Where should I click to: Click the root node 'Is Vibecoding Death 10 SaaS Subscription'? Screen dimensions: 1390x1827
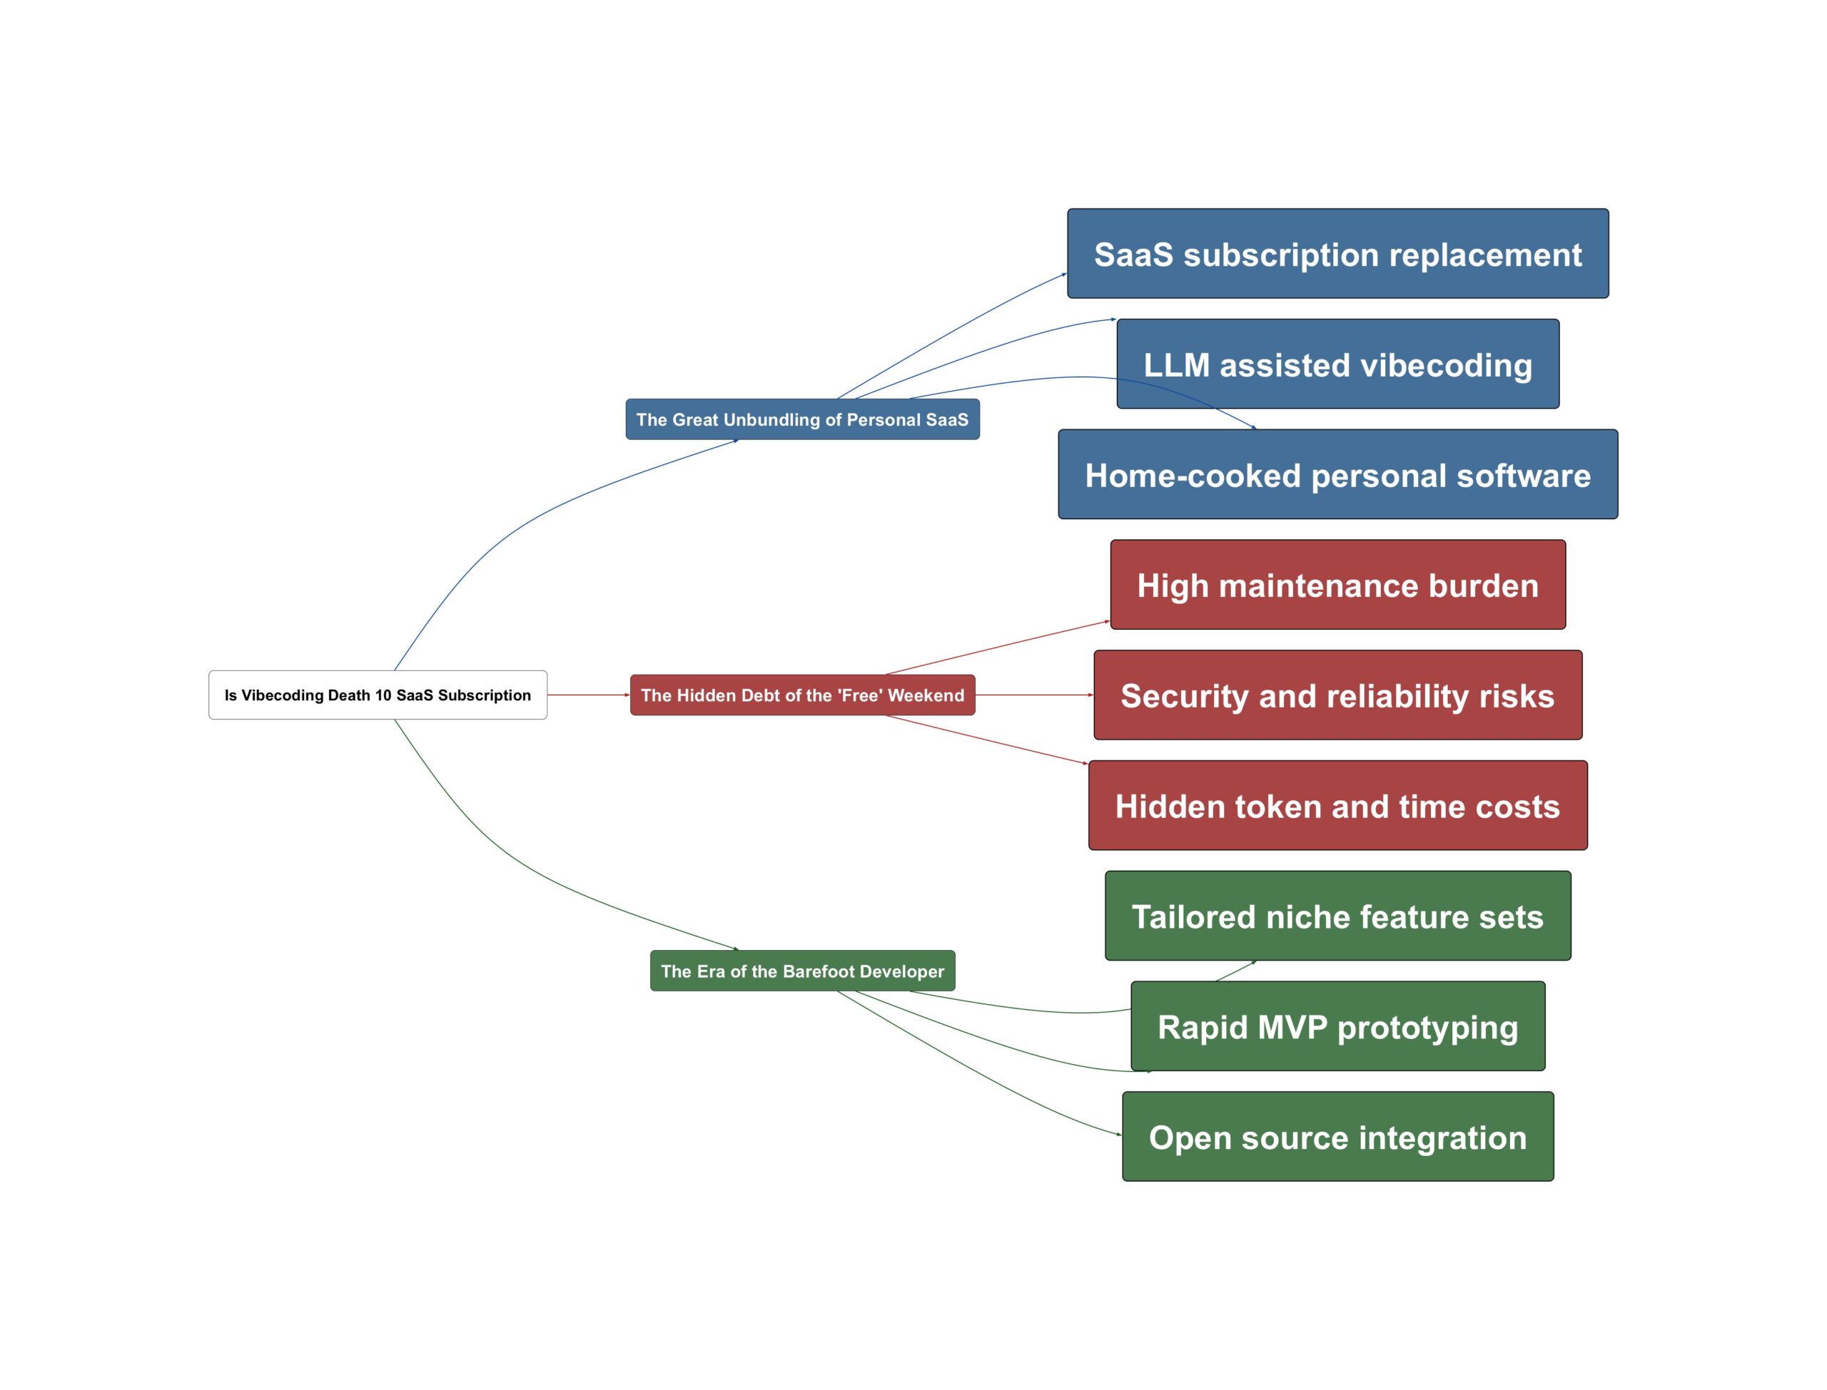(x=378, y=695)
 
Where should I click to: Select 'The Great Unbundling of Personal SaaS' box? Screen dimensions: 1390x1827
(x=802, y=419)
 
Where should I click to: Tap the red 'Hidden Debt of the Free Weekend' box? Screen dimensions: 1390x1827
(x=802, y=695)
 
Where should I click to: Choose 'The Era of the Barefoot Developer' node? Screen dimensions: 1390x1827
(x=802, y=971)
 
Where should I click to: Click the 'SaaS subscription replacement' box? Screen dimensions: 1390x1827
(x=1337, y=254)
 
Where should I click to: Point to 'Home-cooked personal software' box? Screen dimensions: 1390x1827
(x=1337, y=475)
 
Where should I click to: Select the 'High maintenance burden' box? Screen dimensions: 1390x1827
(x=1337, y=585)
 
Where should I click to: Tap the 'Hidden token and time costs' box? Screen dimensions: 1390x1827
(x=1337, y=806)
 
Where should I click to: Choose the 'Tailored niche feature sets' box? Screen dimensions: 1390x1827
(x=1337, y=916)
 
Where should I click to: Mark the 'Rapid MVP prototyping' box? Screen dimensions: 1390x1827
(x=1337, y=1027)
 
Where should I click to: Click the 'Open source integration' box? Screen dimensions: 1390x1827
(x=1337, y=1137)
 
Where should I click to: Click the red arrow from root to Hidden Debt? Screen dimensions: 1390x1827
(x=588, y=695)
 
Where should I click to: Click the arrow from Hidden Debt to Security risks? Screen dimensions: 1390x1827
(x=1035, y=695)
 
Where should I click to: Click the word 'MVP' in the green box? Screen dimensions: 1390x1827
(x=1290, y=1027)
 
